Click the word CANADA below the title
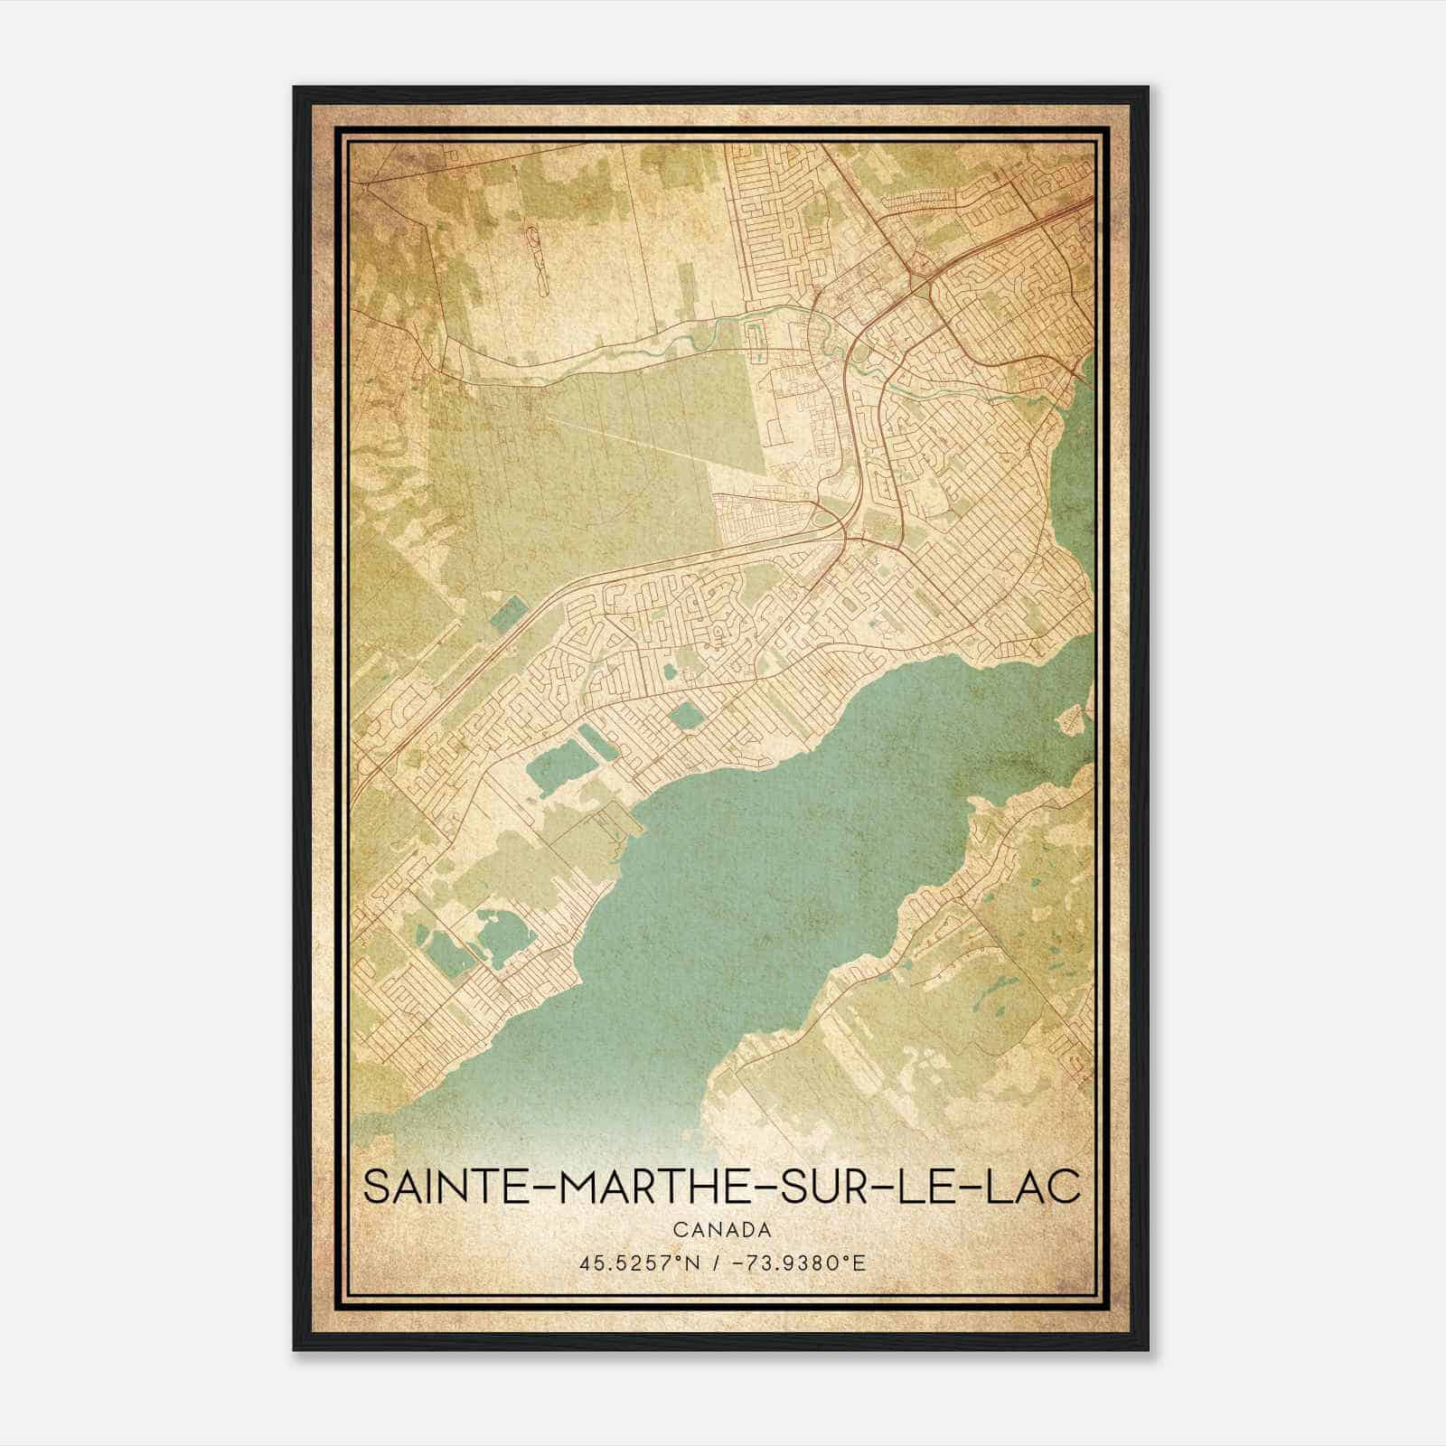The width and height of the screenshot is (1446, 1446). click(722, 1230)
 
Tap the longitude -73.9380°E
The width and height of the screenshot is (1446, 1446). click(803, 1263)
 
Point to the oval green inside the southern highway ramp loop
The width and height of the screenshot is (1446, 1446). click(822, 516)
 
